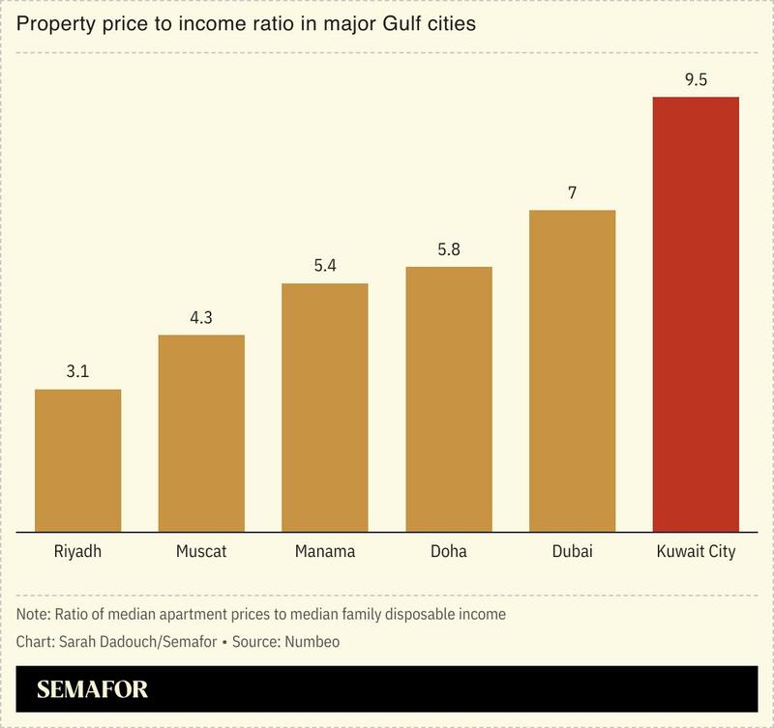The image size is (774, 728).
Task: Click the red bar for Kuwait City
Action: [x=696, y=313]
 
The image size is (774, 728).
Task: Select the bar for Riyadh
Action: [x=77, y=459]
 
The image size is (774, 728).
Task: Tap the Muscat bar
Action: [x=201, y=432]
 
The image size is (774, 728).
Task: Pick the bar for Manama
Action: [x=324, y=406]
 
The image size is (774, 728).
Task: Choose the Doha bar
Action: [x=448, y=397]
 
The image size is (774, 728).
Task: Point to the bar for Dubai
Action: [x=572, y=369]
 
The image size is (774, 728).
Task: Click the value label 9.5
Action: [x=696, y=80]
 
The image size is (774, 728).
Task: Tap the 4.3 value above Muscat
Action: [x=201, y=317]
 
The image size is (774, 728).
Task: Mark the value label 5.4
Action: [x=324, y=266]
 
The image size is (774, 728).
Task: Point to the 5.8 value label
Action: [x=448, y=248]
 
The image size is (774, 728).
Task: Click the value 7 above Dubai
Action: [x=572, y=192]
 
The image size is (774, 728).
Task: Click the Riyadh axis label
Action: [x=77, y=552]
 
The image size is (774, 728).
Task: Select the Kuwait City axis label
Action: [x=696, y=552]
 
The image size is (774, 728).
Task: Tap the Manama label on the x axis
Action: [x=324, y=552]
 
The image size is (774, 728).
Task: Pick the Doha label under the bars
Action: [x=448, y=552]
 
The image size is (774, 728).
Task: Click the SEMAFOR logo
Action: [x=93, y=691]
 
